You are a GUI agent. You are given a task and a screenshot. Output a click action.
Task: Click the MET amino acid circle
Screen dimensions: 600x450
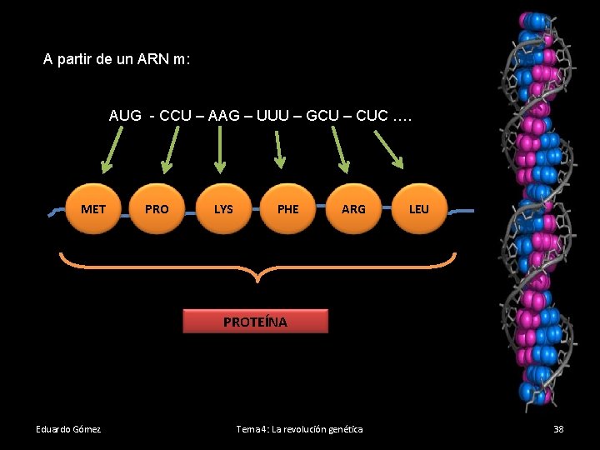tap(93, 208)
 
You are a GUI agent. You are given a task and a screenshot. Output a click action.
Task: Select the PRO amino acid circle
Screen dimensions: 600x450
tap(157, 208)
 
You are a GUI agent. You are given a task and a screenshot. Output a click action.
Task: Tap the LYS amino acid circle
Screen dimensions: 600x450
tap(223, 208)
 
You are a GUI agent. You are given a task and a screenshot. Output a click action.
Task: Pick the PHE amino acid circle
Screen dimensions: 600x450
tap(287, 208)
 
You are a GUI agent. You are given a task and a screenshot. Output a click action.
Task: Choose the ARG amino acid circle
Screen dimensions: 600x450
tap(353, 208)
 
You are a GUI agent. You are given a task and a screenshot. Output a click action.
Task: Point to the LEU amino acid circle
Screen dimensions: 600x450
tap(418, 208)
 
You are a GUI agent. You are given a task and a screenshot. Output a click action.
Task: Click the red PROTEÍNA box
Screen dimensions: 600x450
tap(255, 322)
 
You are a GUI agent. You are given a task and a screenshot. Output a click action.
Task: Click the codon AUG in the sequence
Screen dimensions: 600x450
tap(125, 116)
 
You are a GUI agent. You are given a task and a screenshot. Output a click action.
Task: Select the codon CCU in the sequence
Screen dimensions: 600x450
tap(175, 116)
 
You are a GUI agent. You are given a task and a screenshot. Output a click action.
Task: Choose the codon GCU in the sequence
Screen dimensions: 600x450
tap(323, 116)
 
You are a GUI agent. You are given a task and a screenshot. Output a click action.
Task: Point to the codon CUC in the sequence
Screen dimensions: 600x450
tap(372, 116)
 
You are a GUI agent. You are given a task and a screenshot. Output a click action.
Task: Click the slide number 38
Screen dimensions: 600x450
tap(558, 429)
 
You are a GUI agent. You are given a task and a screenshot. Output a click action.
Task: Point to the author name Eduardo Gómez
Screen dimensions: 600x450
tap(68, 429)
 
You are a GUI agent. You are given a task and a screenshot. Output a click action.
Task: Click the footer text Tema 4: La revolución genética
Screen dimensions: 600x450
tap(299, 429)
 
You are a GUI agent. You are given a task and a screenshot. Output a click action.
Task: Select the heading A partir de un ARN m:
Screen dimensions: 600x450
tap(117, 60)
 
